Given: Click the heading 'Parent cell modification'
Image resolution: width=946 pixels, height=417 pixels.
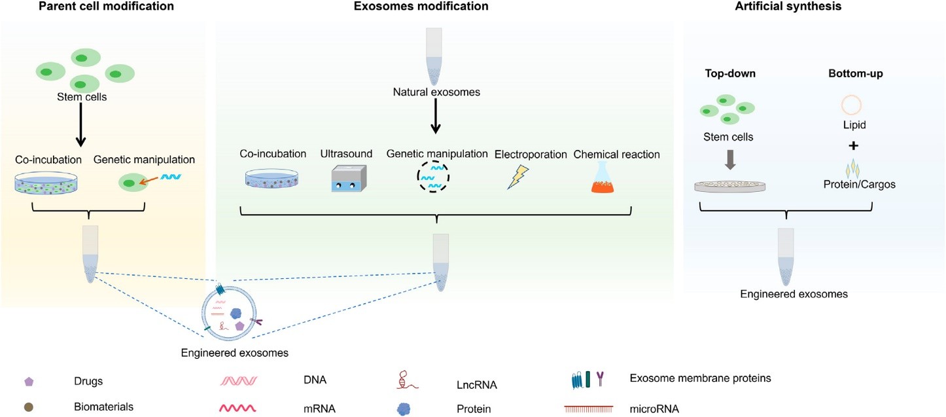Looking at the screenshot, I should pos(106,7).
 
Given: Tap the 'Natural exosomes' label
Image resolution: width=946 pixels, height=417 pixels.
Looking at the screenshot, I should pos(436,92).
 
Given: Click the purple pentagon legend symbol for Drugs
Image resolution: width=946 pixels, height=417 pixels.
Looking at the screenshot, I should pos(29,380).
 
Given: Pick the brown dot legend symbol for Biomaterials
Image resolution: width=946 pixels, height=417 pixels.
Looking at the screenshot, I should pos(29,407).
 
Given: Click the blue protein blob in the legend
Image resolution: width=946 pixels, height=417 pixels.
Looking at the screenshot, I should pos(404,408).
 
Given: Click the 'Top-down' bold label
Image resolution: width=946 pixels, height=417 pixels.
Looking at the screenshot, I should pos(730,74).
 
